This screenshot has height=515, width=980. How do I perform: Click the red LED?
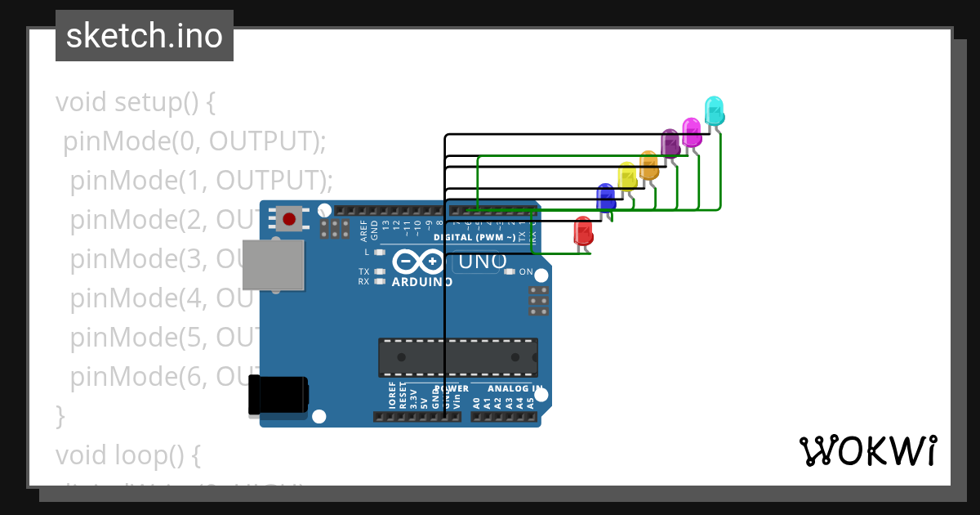pos(583,231)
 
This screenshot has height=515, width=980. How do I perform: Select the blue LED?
pos(605,197)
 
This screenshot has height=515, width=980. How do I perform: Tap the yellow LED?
pos(627,176)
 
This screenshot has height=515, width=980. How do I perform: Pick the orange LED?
pos(648,164)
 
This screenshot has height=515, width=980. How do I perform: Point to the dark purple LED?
pos(670,142)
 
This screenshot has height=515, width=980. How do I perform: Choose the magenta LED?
pos(692,132)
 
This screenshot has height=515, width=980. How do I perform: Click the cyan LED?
pos(714,110)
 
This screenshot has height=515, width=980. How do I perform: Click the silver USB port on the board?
pos(274,265)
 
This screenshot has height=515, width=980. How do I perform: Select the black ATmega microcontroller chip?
pos(457,357)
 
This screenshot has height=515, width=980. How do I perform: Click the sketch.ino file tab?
pos(145,36)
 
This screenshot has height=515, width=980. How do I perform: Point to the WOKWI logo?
pos(867,451)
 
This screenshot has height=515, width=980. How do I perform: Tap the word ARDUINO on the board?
pos(422,282)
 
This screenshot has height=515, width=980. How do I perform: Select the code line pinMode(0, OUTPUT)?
pos(195,141)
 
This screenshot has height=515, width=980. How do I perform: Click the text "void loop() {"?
pos(127,454)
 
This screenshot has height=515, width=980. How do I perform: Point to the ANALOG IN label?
pos(514,388)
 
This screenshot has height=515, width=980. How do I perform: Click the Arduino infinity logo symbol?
pos(421,262)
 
